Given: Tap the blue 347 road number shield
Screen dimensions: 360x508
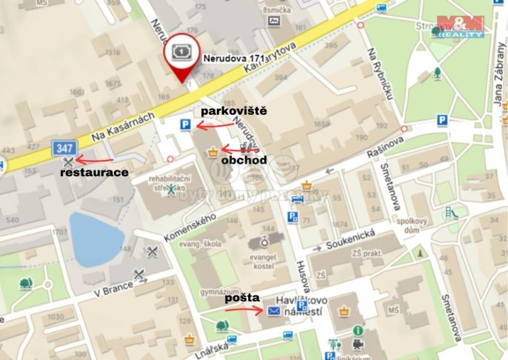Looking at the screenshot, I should coord(64,148).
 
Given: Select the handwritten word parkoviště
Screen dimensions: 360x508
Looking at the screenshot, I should coord(233,111).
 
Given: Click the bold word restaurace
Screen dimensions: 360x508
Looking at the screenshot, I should coord(95,172).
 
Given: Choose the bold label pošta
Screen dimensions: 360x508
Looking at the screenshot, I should coord(243,297).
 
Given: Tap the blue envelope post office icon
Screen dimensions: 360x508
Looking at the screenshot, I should coord(274,310).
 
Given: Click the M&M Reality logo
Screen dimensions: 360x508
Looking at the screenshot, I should coord(460,26).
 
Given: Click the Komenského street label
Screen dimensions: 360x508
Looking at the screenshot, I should coord(189,227).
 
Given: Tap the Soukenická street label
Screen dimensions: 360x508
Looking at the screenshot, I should coord(355,240).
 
